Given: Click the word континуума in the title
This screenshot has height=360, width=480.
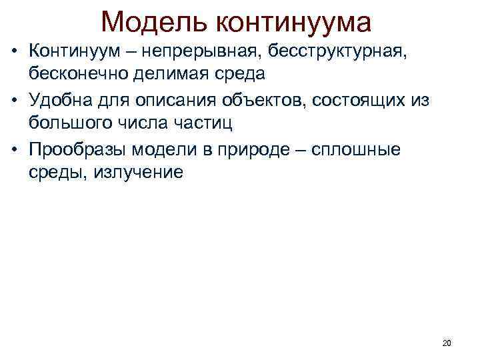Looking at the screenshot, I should pos(293,22).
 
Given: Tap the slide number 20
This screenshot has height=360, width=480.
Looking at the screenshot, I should pos(447,343).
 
